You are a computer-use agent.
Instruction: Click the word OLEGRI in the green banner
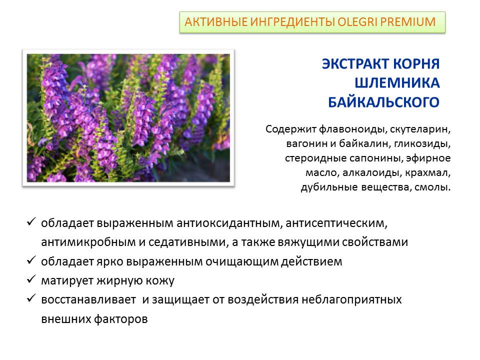coord(357,22)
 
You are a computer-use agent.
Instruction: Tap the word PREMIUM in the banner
coord(408,22)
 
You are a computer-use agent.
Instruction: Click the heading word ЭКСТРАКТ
coord(355,63)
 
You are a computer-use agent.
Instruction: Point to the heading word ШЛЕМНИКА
coord(397,82)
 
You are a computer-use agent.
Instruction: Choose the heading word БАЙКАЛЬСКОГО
coord(384,102)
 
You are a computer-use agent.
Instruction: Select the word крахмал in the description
coord(428,172)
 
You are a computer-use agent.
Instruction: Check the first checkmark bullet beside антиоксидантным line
coord(31,221)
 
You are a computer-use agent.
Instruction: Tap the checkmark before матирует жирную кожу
coord(31,279)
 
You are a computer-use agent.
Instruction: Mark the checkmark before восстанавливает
coord(31,298)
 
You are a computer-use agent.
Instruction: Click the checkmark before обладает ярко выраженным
coord(31,260)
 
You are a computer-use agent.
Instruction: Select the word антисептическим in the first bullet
coord(336,223)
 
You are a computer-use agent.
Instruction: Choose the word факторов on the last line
coord(120,319)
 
